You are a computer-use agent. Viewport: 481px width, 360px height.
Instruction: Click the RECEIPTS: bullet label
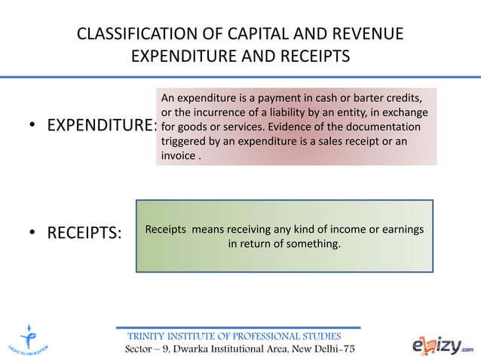tap(84, 233)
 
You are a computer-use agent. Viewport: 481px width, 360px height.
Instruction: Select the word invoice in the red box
tap(178, 156)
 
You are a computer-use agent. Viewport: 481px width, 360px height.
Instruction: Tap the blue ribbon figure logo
tap(29, 335)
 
